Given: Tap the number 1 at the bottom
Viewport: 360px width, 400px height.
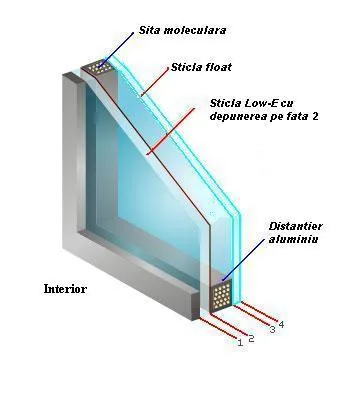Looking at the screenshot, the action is pyautogui.click(x=240, y=342).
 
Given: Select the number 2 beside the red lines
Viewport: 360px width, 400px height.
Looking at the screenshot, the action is pyautogui.click(x=252, y=338).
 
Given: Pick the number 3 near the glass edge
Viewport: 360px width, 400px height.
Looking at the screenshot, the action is pyautogui.click(x=272, y=329).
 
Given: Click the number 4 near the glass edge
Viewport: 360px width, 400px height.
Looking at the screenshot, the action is pyautogui.click(x=281, y=323).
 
